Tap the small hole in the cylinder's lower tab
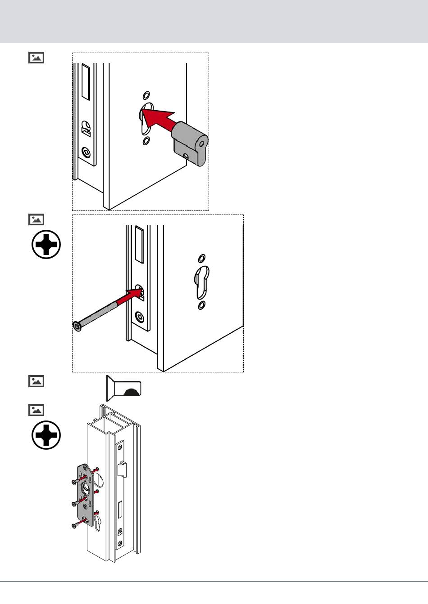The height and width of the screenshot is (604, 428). [186, 157]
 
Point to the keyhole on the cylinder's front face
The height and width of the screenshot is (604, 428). [202, 144]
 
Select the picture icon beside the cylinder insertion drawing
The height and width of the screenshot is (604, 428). [36, 58]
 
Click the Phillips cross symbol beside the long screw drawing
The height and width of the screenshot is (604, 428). [46, 245]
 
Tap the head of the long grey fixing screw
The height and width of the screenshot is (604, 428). [77, 326]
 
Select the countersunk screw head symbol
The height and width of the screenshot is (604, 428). [123, 388]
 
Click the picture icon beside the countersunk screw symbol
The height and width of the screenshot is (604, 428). [36, 381]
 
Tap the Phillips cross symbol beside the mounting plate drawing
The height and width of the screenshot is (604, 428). [46, 435]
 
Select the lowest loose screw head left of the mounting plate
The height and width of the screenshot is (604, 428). [74, 525]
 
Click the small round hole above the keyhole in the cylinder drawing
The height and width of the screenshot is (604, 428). [146, 95]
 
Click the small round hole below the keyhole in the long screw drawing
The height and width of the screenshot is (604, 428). [201, 306]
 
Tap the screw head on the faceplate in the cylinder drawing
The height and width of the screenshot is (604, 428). [86, 153]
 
